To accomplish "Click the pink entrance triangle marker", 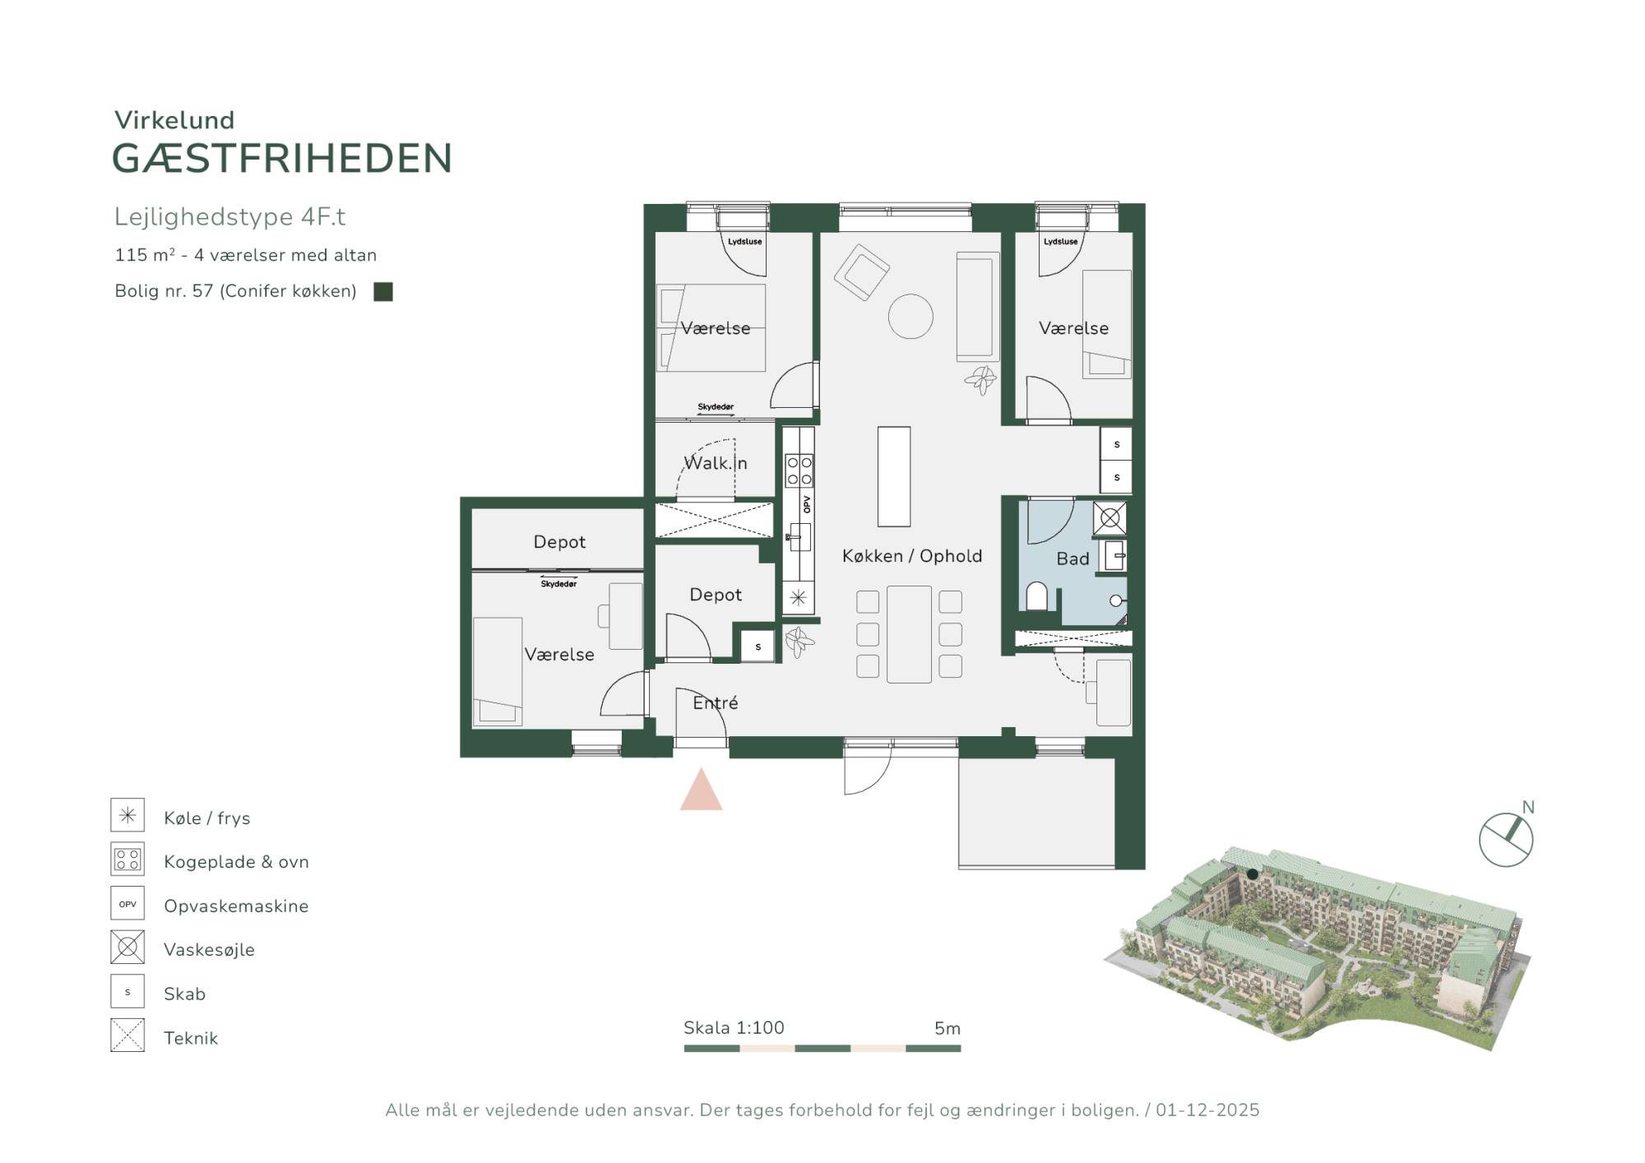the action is coord(701,791).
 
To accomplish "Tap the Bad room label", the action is coord(1073,558).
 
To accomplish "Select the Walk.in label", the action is coord(716,463).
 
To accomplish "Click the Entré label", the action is coord(716,702).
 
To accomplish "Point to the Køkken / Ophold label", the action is coord(912,556).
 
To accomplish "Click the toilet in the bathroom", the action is coord(1036,596).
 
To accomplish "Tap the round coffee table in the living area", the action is coord(911,316).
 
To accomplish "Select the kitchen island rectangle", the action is coord(894,476).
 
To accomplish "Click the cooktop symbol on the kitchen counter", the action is coord(799,470).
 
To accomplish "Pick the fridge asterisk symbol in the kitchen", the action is coord(798,598).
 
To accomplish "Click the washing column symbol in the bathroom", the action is coord(1110,518).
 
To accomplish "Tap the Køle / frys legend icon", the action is coord(127,815).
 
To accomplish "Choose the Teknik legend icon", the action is coord(127,1036).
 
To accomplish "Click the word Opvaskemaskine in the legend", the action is coord(236,906).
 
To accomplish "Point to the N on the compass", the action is coord(1528,807).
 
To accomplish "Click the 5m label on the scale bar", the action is coord(948,1028).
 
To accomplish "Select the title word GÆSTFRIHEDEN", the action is coord(282,158).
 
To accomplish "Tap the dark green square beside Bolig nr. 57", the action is coord(383,291).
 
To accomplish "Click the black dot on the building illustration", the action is coord(1253,873).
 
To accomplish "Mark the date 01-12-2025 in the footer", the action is coord(1207,1110).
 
